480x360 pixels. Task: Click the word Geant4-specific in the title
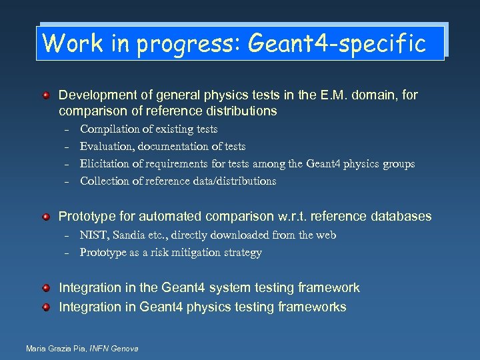tap(336, 43)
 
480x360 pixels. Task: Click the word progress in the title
tap(189, 45)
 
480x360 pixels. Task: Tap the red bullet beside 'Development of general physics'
tap(45, 96)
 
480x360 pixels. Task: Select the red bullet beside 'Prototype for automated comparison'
tap(45, 217)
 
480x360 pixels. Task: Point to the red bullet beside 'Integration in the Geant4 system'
tap(45, 288)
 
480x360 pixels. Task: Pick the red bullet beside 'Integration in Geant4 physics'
tap(45, 307)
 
